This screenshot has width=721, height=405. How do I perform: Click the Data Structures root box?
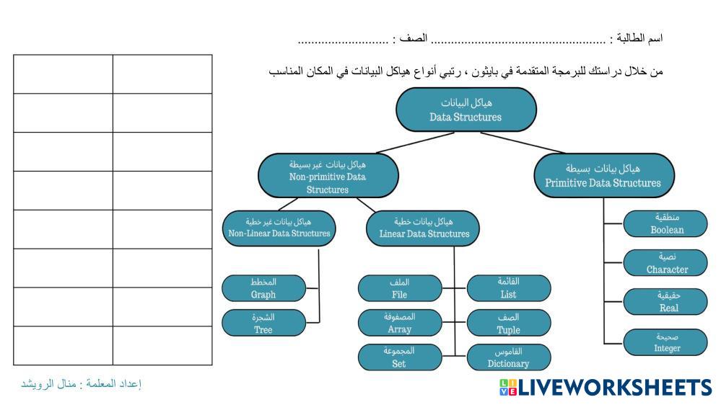466,110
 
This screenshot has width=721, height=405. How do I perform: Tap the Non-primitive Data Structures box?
328,176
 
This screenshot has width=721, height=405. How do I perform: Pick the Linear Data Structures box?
424,226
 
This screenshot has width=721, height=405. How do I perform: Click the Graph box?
263,288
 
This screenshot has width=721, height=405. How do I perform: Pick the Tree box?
263,323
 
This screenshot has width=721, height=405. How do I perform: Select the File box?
399,288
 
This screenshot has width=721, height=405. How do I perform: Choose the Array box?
399,323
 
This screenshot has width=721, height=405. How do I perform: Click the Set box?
399,357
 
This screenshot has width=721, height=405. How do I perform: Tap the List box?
508,288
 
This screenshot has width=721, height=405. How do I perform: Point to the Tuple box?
508,323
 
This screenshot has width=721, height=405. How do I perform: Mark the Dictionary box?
508,357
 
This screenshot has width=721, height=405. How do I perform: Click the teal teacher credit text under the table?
81,383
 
